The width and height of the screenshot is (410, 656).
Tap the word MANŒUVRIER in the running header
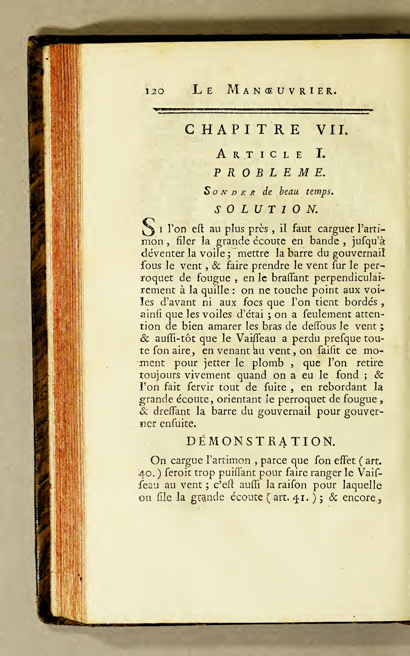(282, 90)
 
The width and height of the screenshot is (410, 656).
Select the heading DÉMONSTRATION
(261, 442)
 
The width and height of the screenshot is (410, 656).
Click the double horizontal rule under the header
(263, 111)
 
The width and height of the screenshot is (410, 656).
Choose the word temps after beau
(319, 192)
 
